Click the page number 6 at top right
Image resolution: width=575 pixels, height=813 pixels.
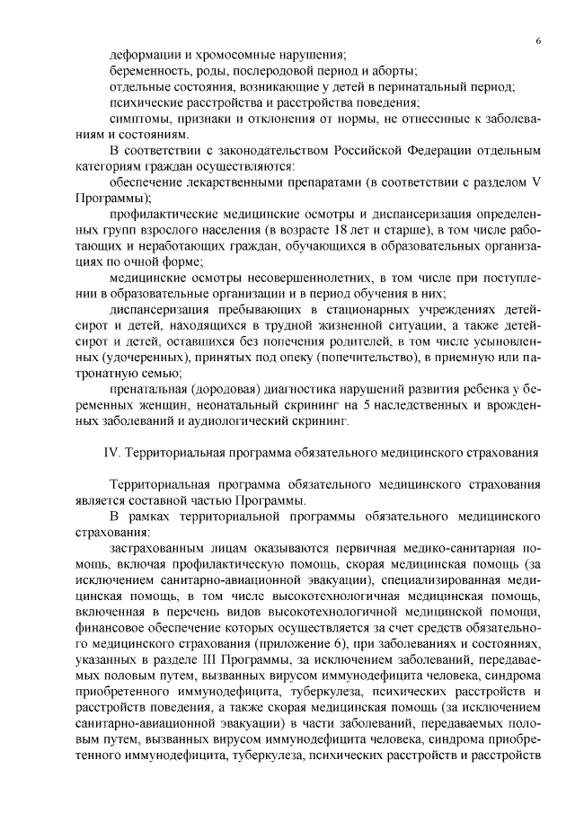(537, 41)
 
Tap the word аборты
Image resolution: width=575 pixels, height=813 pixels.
(395, 71)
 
